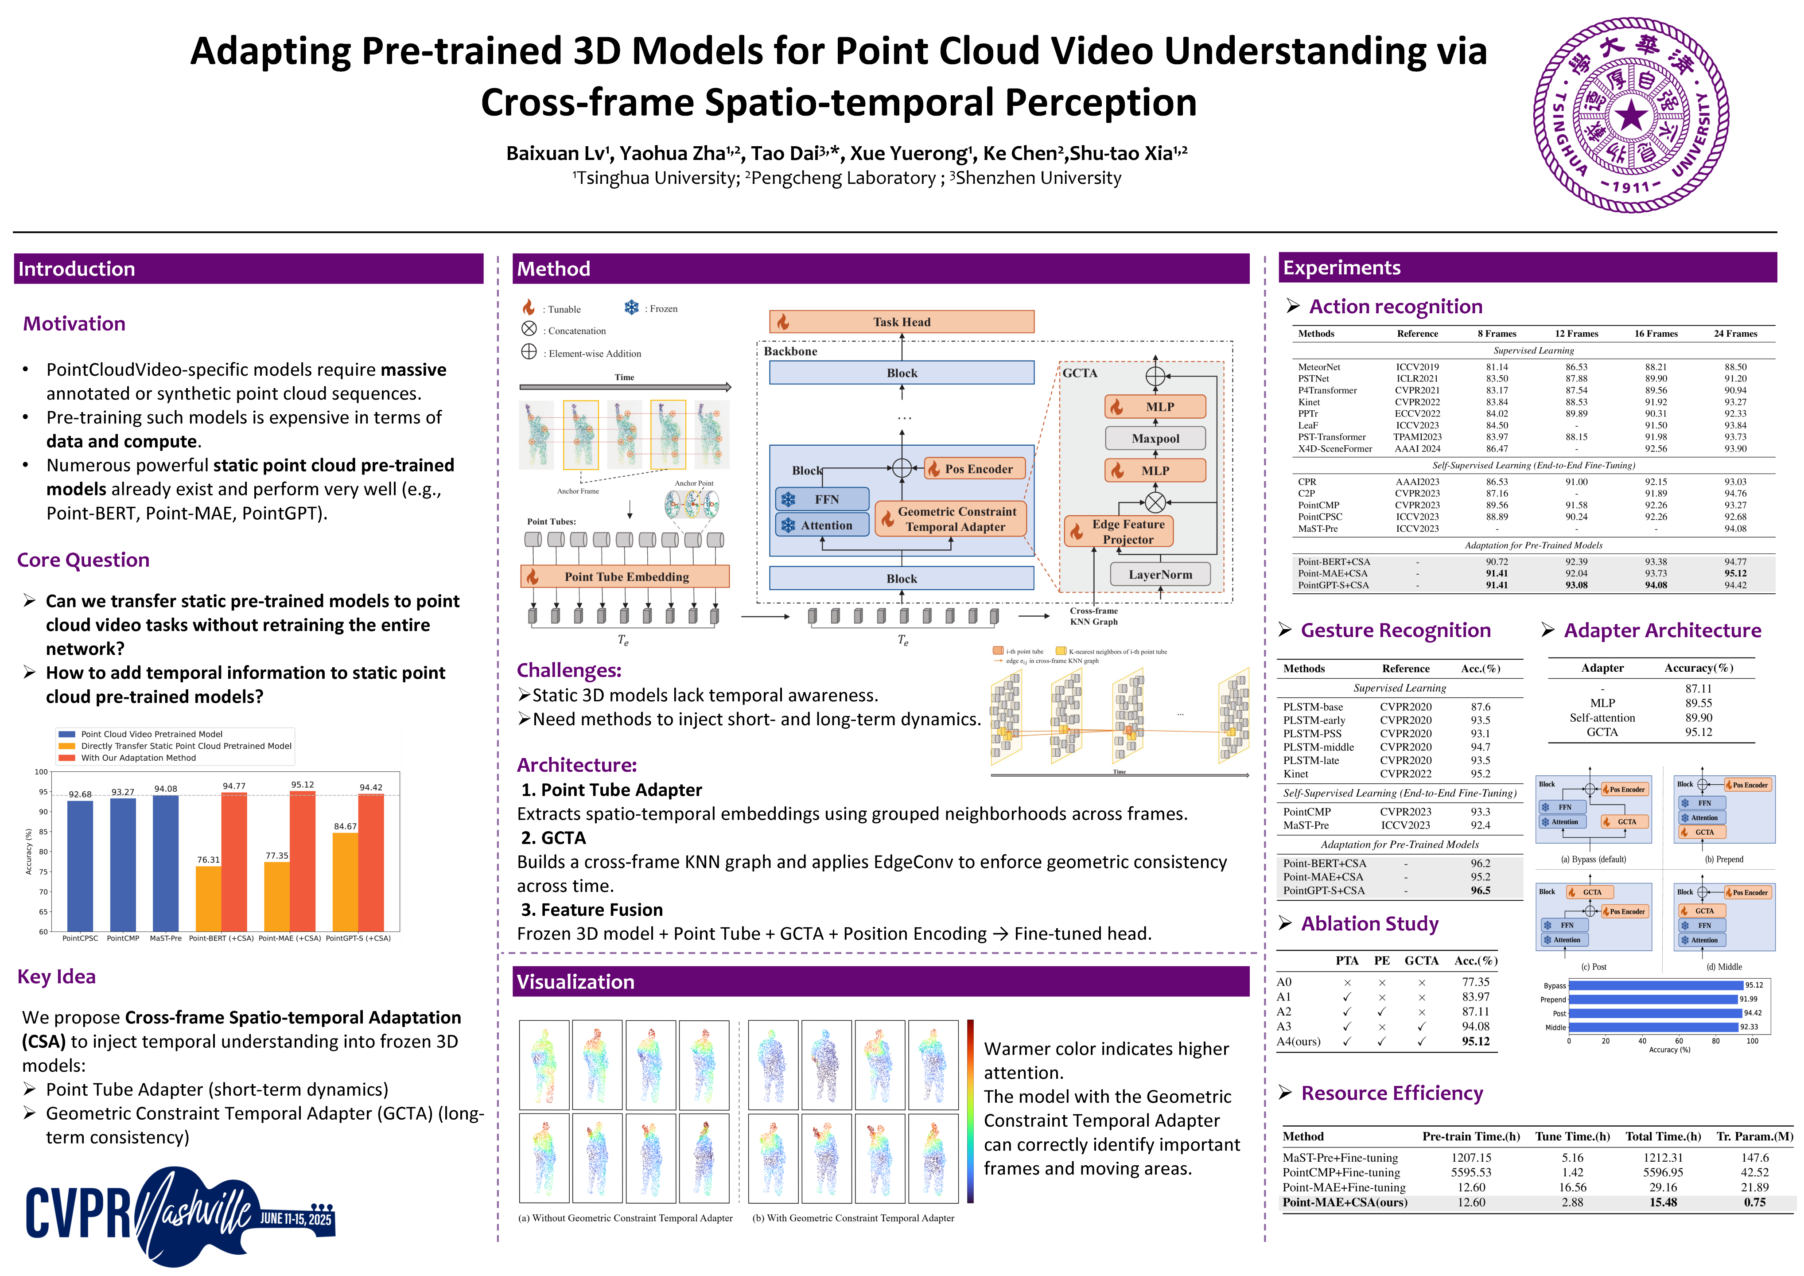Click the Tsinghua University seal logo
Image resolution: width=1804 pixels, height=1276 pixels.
coord(1631,116)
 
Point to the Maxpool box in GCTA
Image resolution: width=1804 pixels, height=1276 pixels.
coord(1155,439)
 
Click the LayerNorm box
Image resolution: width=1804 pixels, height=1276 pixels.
coord(1160,574)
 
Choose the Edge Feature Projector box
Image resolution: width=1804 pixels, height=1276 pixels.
coord(1118,531)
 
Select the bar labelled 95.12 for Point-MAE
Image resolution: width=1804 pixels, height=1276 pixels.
coord(303,861)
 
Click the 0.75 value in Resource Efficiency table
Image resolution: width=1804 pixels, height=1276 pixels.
coord(1754,1202)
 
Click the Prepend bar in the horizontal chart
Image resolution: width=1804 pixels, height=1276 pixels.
coord(1652,1000)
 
